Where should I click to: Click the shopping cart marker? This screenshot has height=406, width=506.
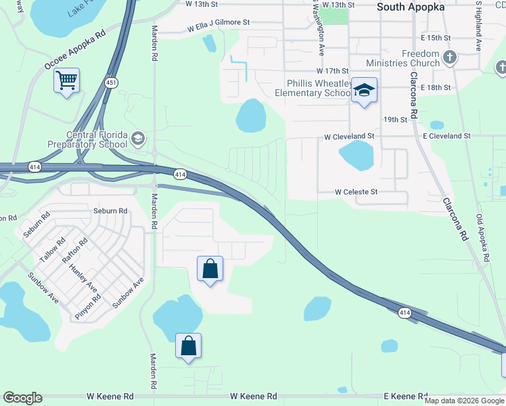coord(66,82)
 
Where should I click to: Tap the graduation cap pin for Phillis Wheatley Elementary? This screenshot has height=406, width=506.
coord(364,91)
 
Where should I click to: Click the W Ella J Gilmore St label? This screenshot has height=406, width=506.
coord(210,22)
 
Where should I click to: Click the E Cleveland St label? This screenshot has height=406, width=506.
coord(446,136)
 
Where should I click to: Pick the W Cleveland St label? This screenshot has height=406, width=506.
coord(349,136)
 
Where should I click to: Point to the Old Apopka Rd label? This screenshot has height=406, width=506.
coord(483,238)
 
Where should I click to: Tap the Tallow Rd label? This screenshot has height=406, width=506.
coord(49,250)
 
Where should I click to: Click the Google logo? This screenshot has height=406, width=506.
coord(22,398)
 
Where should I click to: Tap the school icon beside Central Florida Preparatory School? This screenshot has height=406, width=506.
coord(138,139)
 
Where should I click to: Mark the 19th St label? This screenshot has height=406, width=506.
coord(395,119)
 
